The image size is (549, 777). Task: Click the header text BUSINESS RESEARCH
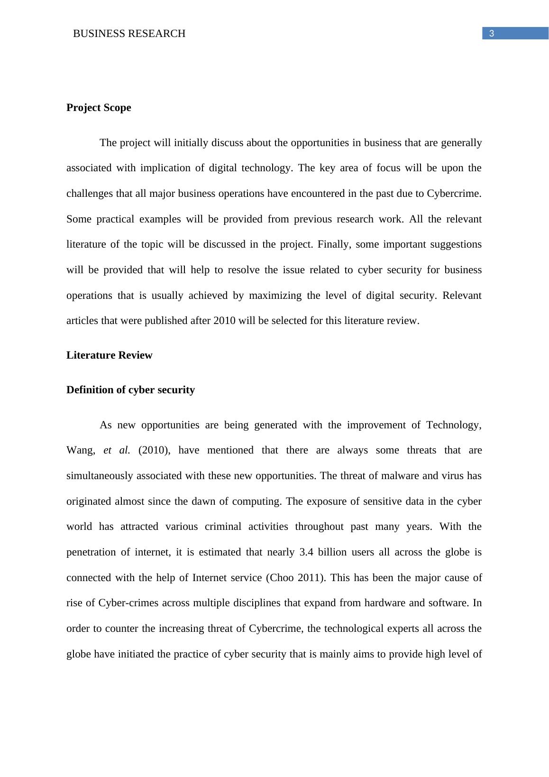(x=129, y=34)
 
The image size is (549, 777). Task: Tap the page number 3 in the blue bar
(x=492, y=33)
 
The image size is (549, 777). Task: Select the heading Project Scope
(x=99, y=108)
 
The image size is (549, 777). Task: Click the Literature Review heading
(x=109, y=355)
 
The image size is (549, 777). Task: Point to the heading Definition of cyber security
(x=130, y=390)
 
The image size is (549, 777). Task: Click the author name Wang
(x=80, y=450)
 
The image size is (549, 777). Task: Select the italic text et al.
(x=116, y=450)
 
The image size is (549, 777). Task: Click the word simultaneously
(x=100, y=476)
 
